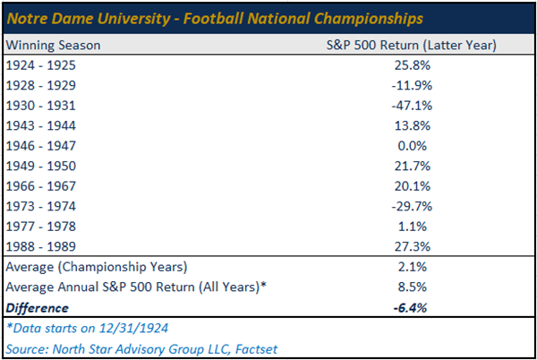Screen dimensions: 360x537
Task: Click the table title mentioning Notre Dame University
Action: (216, 19)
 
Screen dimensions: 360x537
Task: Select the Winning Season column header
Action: (53, 44)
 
